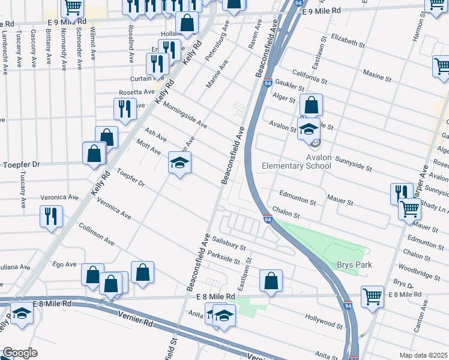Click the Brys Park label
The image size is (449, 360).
pyautogui.click(x=354, y=265)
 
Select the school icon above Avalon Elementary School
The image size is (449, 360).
pyautogui.click(x=309, y=128)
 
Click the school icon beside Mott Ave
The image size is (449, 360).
pyautogui.click(x=179, y=163)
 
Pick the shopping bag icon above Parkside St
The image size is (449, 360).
pyautogui.click(x=271, y=280)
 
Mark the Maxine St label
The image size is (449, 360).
pyautogui.click(x=377, y=75)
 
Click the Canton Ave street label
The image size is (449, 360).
pyautogui.click(x=425, y=316)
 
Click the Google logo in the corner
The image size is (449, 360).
pyautogui.click(x=20, y=353)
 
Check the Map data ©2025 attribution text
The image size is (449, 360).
pyautogui.click(x=423, y=355)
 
